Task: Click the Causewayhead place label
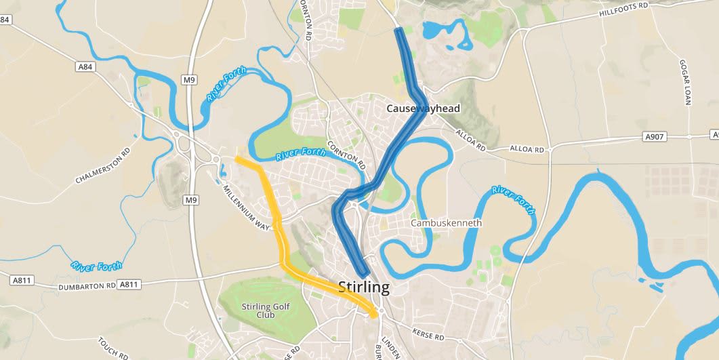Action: click(x=423, y=108)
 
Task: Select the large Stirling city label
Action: click(x=363, y=287)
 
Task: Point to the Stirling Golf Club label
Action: click(x=266, y=311)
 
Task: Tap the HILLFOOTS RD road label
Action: click(x=624, y=9)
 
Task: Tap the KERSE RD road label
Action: click(x=429, y=333)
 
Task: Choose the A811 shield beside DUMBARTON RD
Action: click(x=129, y=283)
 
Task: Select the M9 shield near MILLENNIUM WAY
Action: click(x=192, y=200)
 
